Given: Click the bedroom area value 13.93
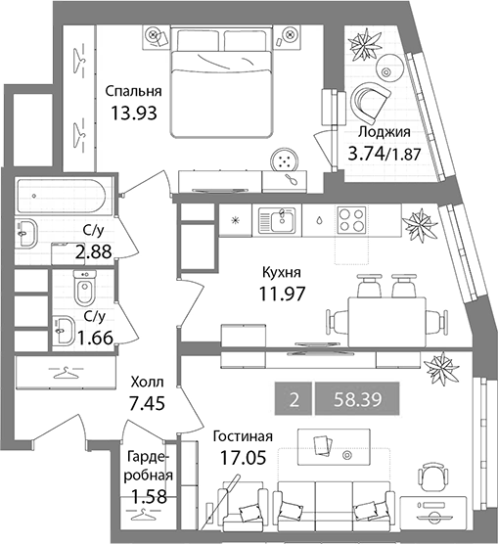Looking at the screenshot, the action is coord(134,113).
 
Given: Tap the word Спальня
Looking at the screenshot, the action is coord(134,91).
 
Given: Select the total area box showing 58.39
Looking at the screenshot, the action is coord(357,399).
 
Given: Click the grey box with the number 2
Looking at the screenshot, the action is coord(294,399).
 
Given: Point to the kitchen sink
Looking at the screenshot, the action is coord(277,220).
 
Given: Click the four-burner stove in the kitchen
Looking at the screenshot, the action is coord(351,220).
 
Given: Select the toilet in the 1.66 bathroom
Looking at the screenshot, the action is coord(84,287).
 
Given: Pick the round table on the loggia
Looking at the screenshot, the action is coord(390,67).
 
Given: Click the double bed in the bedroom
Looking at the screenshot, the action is coord(221,83).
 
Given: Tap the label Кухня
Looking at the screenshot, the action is coord(282,273).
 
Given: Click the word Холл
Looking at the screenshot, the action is coord(147,383).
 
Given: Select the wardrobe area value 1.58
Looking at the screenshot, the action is coord(151,496).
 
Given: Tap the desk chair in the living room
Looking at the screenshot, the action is coord(432,479).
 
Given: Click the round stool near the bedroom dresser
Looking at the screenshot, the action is coord(285,159).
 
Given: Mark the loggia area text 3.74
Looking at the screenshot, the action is coord(367,154).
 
